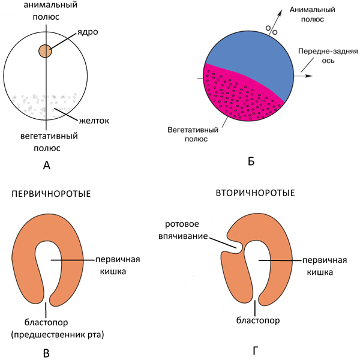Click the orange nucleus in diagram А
46,51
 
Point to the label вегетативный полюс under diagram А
46,141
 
